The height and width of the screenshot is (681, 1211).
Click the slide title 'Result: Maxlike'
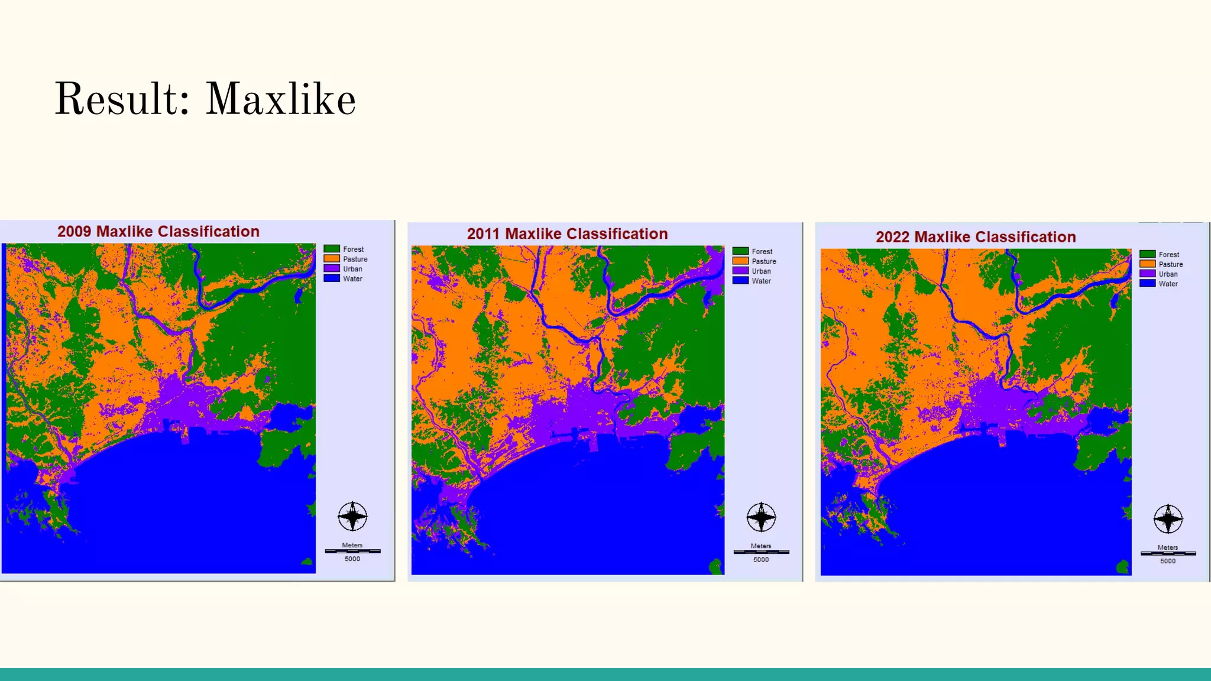205,99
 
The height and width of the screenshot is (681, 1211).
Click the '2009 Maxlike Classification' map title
158,231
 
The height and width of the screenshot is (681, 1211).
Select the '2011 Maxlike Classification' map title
567,234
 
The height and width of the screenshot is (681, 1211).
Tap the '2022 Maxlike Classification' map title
976,236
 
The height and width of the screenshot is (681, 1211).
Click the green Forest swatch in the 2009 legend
332,249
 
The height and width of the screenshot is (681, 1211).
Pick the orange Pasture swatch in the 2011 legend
740,261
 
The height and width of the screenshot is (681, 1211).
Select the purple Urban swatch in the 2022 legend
1147,274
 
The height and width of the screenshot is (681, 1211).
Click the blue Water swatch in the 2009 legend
332,278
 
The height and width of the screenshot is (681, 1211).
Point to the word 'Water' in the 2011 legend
761,281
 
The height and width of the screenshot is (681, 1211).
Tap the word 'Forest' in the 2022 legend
1168,254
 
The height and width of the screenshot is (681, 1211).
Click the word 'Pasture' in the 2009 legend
355,259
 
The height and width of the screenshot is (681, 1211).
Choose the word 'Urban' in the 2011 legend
761,271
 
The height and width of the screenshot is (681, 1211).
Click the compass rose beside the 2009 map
352,517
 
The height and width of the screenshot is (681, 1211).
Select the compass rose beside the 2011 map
761,517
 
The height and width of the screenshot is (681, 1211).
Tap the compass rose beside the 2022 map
1168,520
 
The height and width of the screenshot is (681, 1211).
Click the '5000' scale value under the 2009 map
352,559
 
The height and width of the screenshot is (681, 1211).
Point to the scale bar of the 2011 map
761,552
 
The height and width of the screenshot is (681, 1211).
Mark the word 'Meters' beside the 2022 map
1168,547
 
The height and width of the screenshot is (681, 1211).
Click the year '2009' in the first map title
74,231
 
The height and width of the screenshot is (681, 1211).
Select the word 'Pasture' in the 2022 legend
1171,264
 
